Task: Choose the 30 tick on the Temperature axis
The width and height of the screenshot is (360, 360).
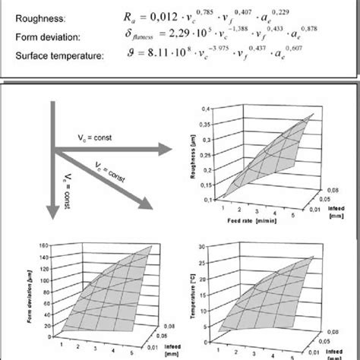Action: tap(202, 249)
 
